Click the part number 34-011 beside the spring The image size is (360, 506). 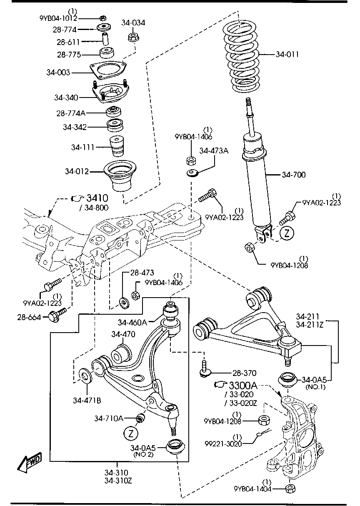(x=287, y=54)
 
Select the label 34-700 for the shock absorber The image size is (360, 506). (x=293, y=175)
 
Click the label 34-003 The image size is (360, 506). (x=58, y=73)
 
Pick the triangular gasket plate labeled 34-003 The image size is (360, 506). (x=108, y=69)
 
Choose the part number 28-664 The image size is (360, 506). (x=29, y=318)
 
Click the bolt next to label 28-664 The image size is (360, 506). (x=56, y=315)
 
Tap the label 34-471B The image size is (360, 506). (x=87, y=401)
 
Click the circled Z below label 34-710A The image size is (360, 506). (x=131, y=433)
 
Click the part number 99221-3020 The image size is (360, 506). (x=223, y=444)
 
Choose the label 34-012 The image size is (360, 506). (x=77, y=171)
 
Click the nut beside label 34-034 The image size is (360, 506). (x=132, y=38)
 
